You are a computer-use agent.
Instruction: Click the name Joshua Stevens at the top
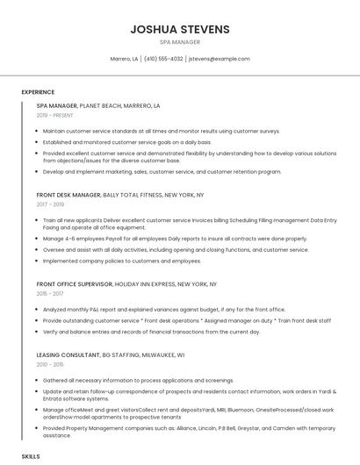coord(180,29)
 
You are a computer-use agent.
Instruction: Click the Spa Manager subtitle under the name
coord(180,41)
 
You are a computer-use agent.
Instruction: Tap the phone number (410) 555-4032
coord(163,59)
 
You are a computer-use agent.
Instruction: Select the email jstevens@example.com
coord(220,59)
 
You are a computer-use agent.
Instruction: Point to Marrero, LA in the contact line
coord(124,59)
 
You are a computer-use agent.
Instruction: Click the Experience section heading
coord(38,91)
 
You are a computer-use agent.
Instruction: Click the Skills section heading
coord(31,456)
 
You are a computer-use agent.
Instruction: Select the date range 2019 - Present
coord(54,115)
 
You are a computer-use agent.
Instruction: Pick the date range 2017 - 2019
coord(51,204)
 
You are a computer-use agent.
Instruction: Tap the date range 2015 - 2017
coord(51,294)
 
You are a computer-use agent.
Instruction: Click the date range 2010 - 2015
coord(51,364)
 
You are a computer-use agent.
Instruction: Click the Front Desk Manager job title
coord(68,195)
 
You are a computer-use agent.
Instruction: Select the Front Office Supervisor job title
coord(74,284)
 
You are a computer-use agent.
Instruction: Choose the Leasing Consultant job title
coord(68,354)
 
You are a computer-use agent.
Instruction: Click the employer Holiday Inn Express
coord(146,284)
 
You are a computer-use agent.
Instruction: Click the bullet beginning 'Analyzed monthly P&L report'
coord(163,309)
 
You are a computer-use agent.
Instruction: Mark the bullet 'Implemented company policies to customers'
coord(121,261)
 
